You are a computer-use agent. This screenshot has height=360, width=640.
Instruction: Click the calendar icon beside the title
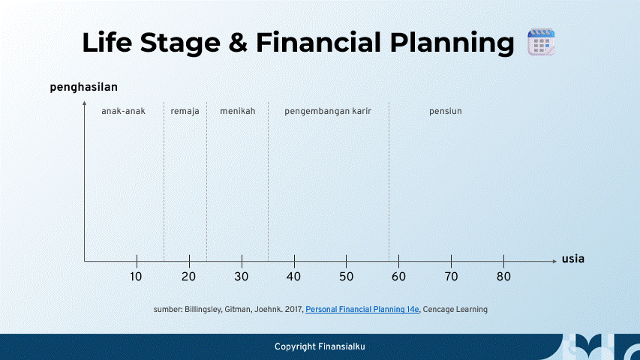[539, 42]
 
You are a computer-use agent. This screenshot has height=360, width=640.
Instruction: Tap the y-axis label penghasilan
[83, 87]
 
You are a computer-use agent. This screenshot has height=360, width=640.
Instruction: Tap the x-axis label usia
[572, 259]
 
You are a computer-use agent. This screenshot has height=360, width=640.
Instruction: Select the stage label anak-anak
[123, 111]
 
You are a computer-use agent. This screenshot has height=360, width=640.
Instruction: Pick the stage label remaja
[185, 111]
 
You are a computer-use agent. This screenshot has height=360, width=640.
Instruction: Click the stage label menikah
[237, 111]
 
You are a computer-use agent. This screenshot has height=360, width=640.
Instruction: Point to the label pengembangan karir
[327, 111]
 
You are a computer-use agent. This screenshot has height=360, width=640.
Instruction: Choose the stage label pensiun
[445, 111]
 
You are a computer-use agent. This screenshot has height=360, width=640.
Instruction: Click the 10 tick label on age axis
[136, 277]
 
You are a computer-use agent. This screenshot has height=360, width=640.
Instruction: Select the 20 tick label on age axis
[188, 277]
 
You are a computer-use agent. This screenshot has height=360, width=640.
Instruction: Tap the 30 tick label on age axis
[241, 277]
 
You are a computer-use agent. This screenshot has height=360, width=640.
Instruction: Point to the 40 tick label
[293, 277]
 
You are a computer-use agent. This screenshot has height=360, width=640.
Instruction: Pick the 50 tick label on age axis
[346, 277]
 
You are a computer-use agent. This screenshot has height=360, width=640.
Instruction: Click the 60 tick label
[398, 277]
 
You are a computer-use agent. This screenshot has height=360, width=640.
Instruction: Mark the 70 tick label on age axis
[451, 277]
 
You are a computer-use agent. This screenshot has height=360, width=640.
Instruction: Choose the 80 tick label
[503, 277]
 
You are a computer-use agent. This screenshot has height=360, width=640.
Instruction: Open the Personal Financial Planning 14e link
[362, 309]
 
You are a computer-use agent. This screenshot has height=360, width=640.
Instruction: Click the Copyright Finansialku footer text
[320, 346]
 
